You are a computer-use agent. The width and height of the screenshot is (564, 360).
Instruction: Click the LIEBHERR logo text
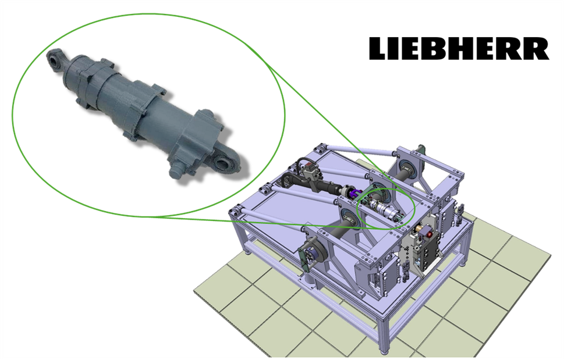pos(459,48)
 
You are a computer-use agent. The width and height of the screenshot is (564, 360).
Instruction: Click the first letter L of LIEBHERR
pos(378,48)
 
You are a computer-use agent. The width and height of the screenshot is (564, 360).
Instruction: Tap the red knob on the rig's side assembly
pos(430,234)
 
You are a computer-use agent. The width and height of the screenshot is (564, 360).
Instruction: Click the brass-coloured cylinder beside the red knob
pos(419,229)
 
